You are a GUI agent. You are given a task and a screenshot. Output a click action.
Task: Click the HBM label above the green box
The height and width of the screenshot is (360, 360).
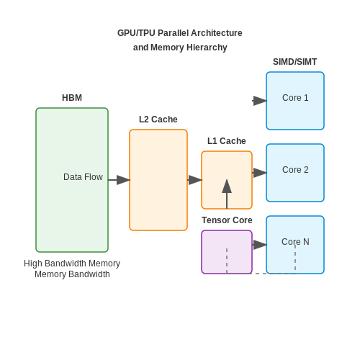72,98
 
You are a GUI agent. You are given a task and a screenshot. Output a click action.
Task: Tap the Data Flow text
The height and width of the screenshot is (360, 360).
83,177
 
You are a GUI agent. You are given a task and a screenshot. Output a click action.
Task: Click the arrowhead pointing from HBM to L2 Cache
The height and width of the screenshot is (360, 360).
123,180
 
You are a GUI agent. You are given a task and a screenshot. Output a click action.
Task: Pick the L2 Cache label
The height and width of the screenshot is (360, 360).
158,120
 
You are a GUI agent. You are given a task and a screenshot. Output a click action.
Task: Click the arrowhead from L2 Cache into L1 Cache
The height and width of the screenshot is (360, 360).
195,180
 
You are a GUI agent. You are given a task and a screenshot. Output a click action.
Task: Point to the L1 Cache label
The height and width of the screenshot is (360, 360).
227,141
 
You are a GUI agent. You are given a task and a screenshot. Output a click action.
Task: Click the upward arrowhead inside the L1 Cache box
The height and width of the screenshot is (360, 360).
227,186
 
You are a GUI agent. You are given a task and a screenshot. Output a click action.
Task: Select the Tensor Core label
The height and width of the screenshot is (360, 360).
227,220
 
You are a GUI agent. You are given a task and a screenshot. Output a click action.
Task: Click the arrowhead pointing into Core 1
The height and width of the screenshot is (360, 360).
260,101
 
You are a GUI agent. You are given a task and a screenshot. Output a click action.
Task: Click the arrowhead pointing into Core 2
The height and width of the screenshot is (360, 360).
260,173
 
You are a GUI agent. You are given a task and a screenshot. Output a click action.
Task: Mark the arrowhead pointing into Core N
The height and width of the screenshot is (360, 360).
260,245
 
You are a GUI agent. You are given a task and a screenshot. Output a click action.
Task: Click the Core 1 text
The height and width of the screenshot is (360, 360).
295,98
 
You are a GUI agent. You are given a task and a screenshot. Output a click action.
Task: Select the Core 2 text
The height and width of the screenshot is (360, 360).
295,170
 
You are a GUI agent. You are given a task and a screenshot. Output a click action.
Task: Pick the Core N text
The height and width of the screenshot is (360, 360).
295,242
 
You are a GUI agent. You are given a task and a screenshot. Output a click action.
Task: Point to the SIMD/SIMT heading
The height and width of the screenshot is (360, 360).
294,62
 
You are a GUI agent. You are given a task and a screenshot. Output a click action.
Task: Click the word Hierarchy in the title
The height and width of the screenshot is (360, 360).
207,48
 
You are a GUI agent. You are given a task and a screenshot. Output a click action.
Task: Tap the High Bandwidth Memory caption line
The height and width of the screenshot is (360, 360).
72,264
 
